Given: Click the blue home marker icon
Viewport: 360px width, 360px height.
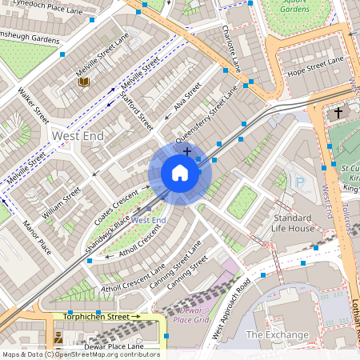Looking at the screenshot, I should [x=180, y=173].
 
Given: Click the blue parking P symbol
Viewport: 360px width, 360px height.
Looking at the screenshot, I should [x=300, y=182].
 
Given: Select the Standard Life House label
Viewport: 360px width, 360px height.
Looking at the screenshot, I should [x=293, y=223].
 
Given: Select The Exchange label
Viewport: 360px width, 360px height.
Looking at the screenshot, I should [x=277, y=334].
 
